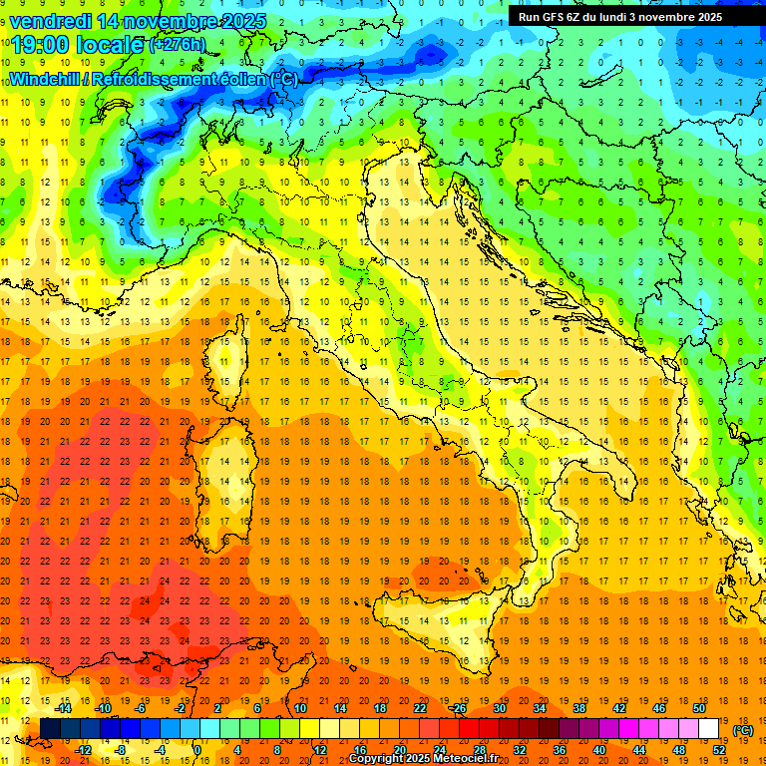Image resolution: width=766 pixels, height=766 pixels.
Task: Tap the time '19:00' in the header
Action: pos(43,45)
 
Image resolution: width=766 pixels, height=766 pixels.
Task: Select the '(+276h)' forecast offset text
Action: pos(177,45)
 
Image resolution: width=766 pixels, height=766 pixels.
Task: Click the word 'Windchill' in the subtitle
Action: pos(44,79)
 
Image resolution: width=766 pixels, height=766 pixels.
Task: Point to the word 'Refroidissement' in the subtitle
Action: pos(155,79)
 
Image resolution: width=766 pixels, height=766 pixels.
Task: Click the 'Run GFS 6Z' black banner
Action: pos(620,16)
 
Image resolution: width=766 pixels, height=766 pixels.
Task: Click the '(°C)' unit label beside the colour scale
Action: pos(743,730)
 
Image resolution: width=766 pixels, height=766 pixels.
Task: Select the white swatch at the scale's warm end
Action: pos(709,729)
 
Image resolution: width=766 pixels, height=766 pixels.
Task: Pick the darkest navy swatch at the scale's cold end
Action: pos(50,729)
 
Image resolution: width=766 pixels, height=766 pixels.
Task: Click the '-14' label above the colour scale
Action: pos(63,707)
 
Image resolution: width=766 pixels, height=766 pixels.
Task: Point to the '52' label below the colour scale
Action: pos(719,750)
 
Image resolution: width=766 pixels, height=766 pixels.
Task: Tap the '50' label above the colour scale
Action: pos(699,707)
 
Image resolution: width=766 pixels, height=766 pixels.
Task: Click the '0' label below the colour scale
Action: pos(197,750)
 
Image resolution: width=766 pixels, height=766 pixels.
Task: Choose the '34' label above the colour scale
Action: pos(540,707)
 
